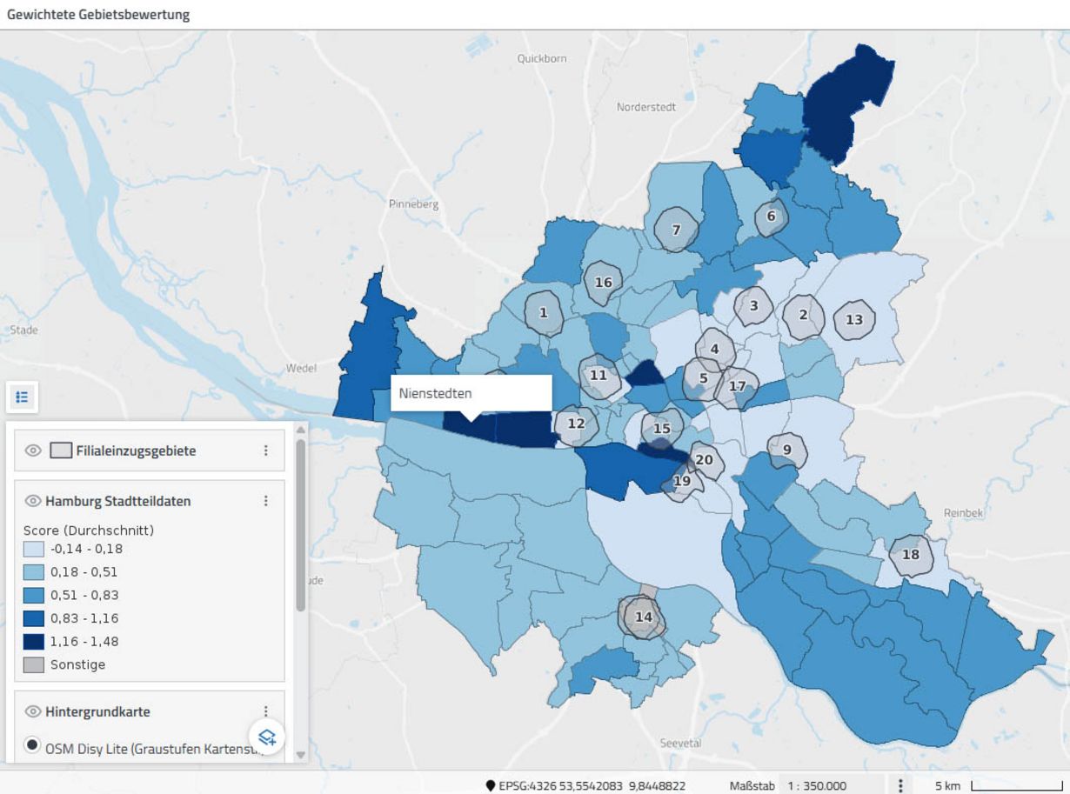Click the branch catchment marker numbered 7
676,230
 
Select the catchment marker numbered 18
911,555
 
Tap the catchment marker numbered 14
643,617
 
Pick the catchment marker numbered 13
854,319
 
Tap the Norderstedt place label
645,107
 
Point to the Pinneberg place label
414,205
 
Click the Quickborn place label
541,58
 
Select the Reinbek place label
963,513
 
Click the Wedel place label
301,368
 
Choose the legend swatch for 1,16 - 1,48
34,642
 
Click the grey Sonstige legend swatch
34,664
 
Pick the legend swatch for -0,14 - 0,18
34,549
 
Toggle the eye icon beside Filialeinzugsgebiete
34,450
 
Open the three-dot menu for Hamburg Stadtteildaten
266,501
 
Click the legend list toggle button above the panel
22,397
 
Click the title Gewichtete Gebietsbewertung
98,15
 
